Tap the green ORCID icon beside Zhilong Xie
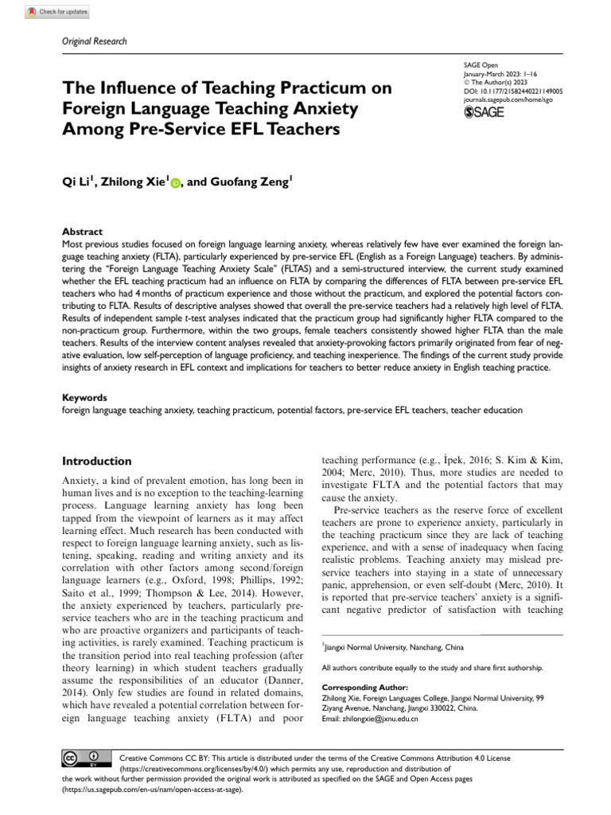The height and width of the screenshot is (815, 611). pos(175,183)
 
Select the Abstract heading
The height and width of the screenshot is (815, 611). pos(82,232)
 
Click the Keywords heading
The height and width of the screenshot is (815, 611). pos(85,396)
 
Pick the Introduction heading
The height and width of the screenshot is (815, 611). pos(96,461)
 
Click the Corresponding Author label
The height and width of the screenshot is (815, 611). pos(364,687)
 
